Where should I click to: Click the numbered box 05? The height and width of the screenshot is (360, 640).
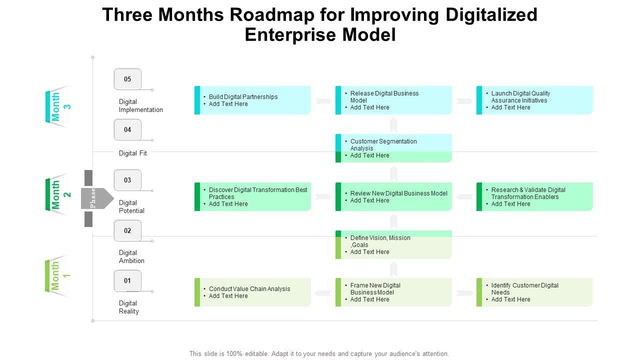(127, 79)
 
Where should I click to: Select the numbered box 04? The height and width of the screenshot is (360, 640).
(127, 129)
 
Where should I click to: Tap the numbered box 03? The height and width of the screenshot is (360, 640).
(127, 180)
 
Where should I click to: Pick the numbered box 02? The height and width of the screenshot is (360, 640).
(127, 230)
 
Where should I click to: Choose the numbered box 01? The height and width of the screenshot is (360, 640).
(127, 280)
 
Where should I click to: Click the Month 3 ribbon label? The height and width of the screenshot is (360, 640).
(57, 106)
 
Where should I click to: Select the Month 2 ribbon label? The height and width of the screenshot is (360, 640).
(57, 194)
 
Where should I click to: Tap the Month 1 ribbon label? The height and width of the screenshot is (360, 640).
(57, 275)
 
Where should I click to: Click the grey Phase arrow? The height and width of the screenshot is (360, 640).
(96, 198)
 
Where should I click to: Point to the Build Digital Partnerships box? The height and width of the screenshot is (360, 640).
(252, 100)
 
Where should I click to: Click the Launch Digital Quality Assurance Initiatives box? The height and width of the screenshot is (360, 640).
(534, 100)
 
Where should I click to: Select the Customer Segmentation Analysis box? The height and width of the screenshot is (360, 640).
(393, 148)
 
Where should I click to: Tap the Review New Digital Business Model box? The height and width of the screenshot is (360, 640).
(393, 196)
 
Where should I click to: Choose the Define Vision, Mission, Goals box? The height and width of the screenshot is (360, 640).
(393, 244)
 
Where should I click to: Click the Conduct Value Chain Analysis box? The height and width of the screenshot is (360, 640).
(252, 292)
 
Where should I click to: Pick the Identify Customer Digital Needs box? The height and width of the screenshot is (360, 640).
(534, 292)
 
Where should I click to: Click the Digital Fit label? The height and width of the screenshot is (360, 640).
(133, 153)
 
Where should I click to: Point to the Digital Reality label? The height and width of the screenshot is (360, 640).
(128, 307)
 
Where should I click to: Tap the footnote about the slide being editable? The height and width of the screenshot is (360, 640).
(319, 353)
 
